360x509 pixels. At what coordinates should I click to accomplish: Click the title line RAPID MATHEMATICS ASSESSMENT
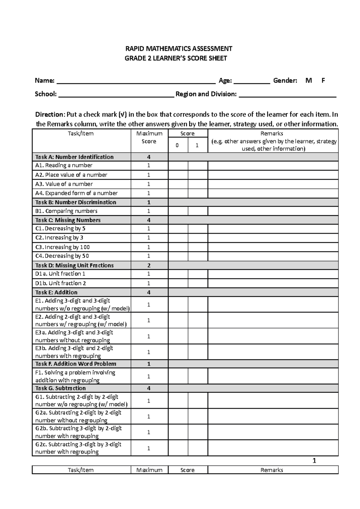pyautogui.click(x=178, y=49)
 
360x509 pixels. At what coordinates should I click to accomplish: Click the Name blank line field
pyautogui.click(x=136, y=81)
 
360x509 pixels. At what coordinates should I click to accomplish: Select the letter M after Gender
pyautogui.click(x=308, y=80)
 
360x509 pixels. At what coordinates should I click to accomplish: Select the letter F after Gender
pyautogui.click(x=323, y=80)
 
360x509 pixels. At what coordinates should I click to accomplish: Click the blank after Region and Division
pyautogui.click(x=287, y=94)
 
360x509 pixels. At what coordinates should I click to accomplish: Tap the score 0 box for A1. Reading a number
pyautogui.click(x=178, y=165)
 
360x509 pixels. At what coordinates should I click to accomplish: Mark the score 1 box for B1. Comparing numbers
pyautogui.click(x=198, y=211)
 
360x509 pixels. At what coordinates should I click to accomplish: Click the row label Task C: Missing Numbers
pyautogui.click(x=68, y=220)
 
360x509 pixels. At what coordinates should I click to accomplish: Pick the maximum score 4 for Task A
pyautogui.click(x=149, y=157)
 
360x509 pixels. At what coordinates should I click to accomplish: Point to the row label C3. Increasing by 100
pyautogui.click(x=62, y=247)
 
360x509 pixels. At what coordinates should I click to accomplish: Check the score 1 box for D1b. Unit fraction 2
pyautogui.click(x=198, y=283)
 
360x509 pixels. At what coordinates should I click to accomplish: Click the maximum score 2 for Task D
pyautogui.click(x=149, y=265)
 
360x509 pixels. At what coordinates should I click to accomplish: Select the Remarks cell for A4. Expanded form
pyautogui.click(x=273, y=193)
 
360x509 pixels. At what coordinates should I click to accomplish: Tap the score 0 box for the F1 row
pyautogui.click(x=178, y=376)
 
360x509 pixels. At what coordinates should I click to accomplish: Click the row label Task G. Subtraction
pyautogui.click(x=60, y=388)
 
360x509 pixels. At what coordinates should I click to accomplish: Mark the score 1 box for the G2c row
pyautogui.click(x=198, y=448)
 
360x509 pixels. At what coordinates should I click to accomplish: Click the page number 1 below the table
pyautogui.click(x=314, y=461)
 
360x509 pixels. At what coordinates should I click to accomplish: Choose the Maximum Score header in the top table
pyautogui.click(x=149, y=137)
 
